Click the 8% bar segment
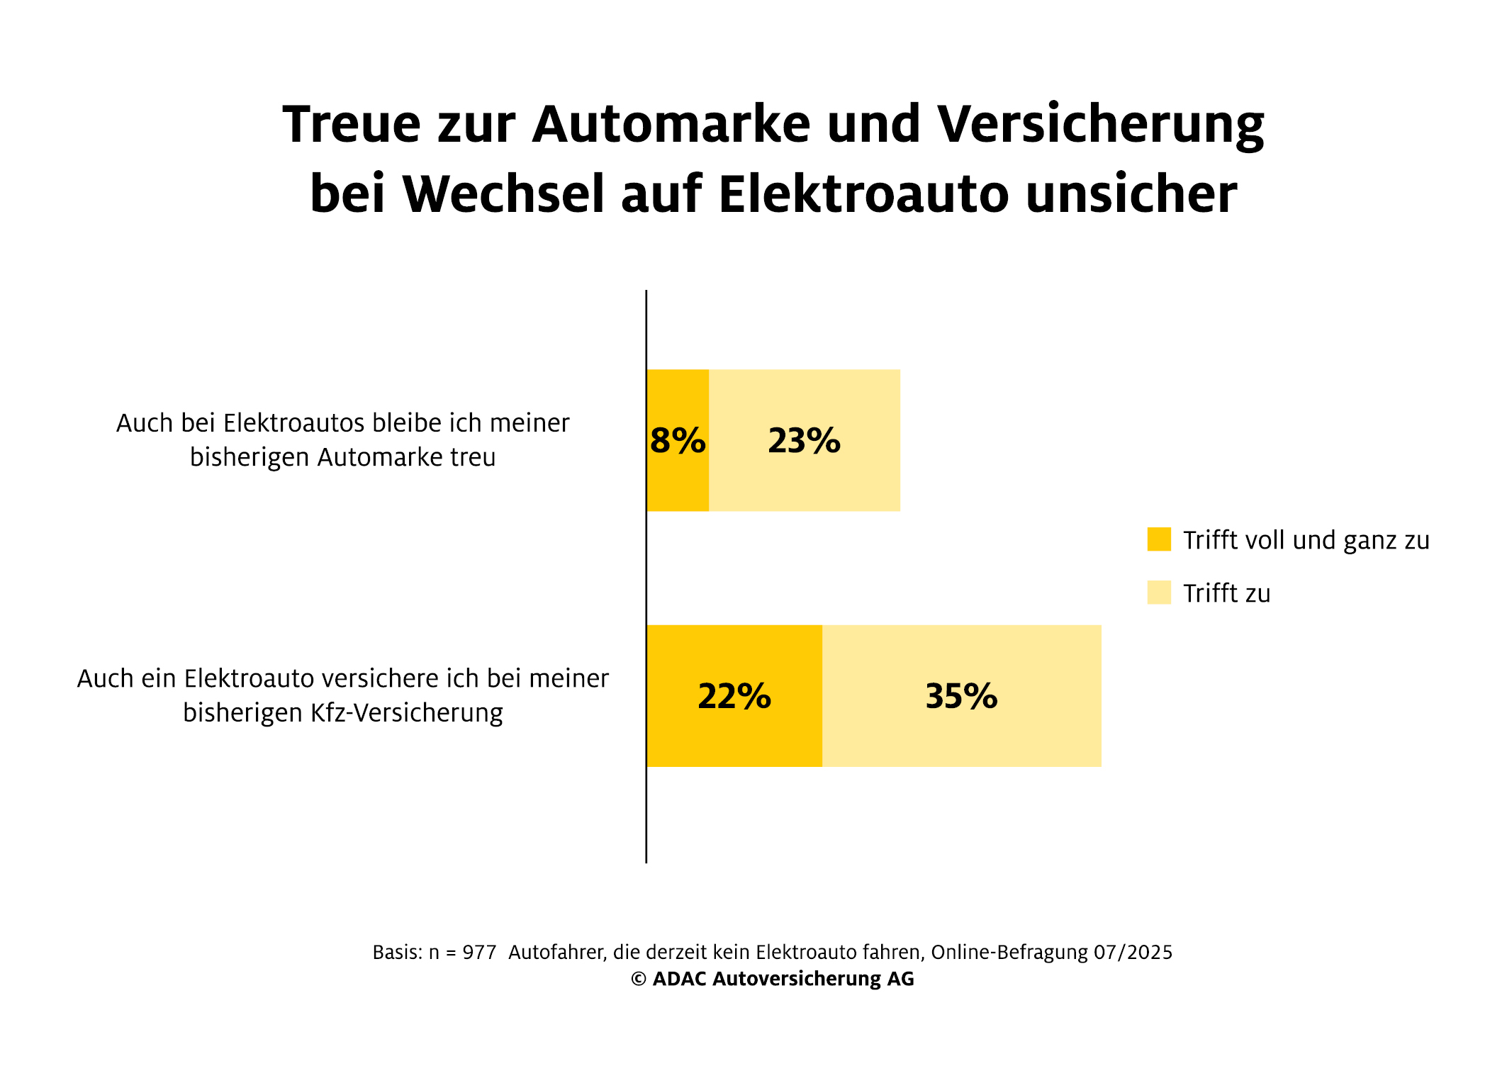(678, 468)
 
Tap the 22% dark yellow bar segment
(734, 730)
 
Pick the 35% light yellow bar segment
(961, 730)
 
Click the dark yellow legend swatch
(1159, 539)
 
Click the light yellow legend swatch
(1159, 593)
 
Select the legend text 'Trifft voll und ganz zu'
(1306, 540)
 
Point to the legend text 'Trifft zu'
(1226, 593)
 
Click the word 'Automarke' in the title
(671, 125)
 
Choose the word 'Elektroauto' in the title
(863, 194)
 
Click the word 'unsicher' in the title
(1131, 194)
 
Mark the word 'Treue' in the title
(352, 125)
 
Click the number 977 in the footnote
(479, 952)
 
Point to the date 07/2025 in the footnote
(1133, 952)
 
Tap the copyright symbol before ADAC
(639, 979)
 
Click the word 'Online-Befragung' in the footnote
(1009, 952)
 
